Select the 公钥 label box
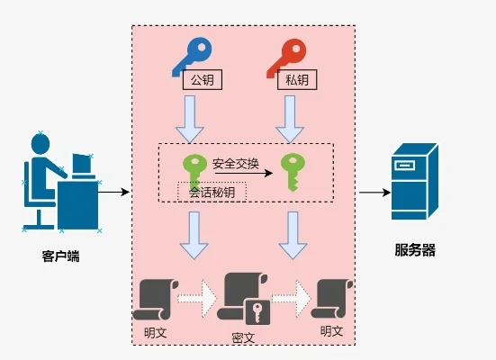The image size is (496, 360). click(201, 80)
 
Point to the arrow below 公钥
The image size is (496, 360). click(190, 118)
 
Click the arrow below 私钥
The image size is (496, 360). click(288, 118)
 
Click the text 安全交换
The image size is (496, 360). click(236, 164)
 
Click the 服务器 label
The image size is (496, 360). click(415, 250)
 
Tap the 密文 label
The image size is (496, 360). click(243, 337)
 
